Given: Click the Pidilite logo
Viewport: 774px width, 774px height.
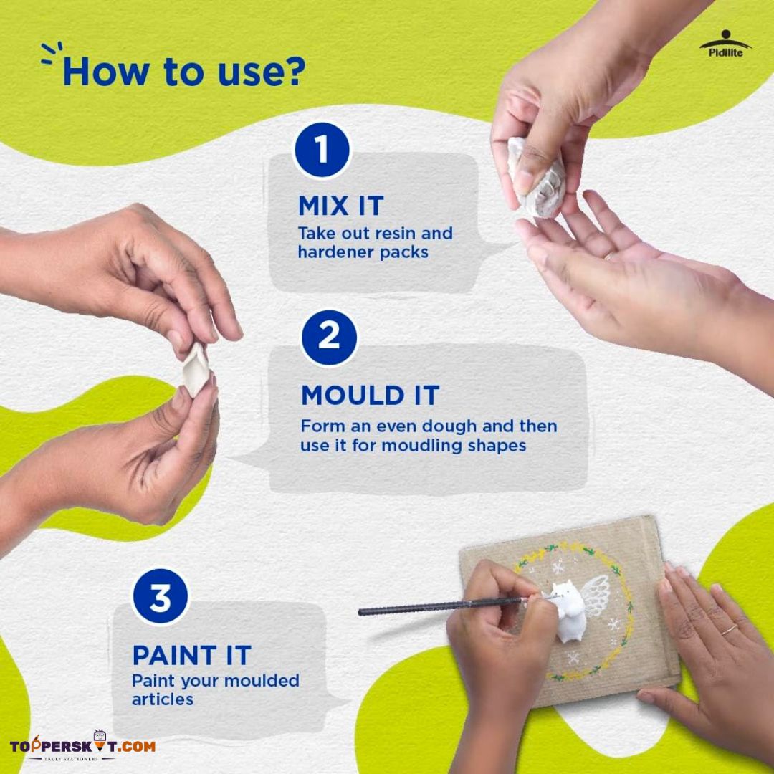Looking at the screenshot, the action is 725,44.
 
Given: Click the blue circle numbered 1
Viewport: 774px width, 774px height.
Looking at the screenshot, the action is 322,150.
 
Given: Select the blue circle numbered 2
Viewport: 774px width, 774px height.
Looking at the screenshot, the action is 329,338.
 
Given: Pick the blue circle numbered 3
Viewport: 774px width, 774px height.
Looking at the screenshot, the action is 161,596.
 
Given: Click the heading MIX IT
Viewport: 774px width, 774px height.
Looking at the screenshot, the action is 341,206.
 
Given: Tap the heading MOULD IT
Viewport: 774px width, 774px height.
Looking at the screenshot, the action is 371,396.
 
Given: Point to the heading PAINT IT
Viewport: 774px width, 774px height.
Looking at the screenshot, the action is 192,656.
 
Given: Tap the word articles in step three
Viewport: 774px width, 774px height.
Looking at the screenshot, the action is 163,699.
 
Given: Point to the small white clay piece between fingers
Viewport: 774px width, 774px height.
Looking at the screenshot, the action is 195,370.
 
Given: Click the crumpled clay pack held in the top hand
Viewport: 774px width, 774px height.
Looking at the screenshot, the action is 537,178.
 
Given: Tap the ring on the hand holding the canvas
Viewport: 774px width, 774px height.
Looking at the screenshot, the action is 729,630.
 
